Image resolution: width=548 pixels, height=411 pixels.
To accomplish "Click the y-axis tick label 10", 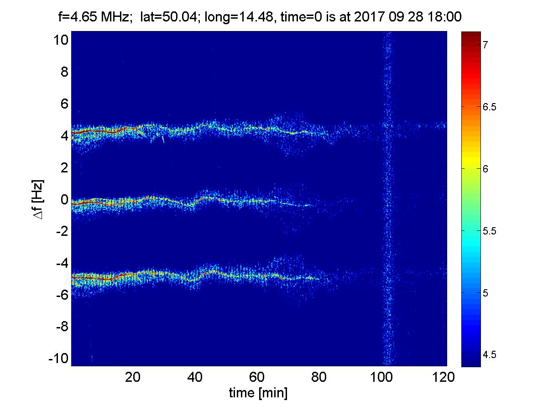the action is (x=61, y=40).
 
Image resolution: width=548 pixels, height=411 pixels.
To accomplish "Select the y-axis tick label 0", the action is (x=64, y=199).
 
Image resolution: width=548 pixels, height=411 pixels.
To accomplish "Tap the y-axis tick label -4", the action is (x=62, y=263).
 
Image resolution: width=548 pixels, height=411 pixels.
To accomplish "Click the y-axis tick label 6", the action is (x=64, y=104).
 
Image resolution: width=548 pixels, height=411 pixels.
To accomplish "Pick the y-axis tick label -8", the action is (x=62, y=327).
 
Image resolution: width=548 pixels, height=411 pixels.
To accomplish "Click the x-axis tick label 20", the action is (x=133, y=377).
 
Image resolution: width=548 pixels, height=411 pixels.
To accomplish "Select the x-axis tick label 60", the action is (x=256, y=377).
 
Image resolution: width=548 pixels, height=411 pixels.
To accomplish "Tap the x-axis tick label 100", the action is (x=381, y=377).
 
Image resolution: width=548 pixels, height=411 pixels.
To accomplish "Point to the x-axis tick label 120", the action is (x=443, y=377).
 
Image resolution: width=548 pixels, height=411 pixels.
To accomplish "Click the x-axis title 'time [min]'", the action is (x=258, y=393).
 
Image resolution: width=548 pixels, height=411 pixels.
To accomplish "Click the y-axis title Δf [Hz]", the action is (x=38, y=199).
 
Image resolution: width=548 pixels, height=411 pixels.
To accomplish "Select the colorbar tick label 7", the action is (x=485, y=45).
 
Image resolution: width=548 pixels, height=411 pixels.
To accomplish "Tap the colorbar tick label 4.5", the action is (x=489, y=354).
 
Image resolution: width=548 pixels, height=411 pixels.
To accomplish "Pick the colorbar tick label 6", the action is (x=485, y=169).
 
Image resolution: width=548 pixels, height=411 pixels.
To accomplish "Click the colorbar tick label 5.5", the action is (x=489, y=231).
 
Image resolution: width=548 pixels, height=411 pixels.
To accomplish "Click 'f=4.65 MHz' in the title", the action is (x=94, y=17).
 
